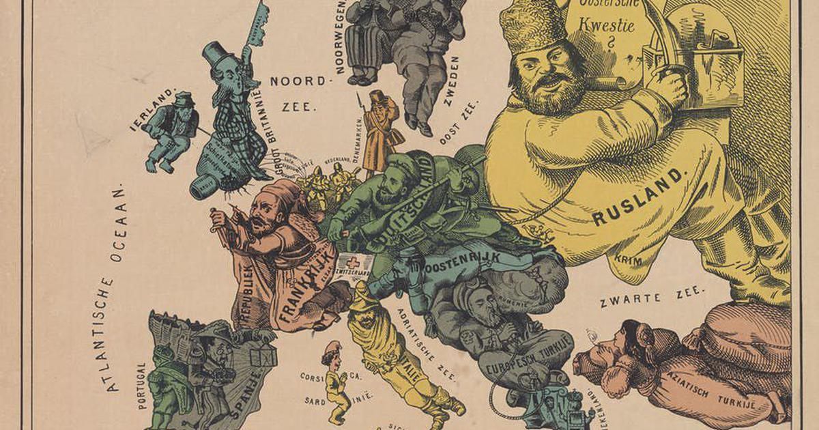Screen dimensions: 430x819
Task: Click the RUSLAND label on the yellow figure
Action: pos(637,199)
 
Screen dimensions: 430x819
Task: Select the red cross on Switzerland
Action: pos(353,263)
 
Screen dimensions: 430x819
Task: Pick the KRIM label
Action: pos(623,260)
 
